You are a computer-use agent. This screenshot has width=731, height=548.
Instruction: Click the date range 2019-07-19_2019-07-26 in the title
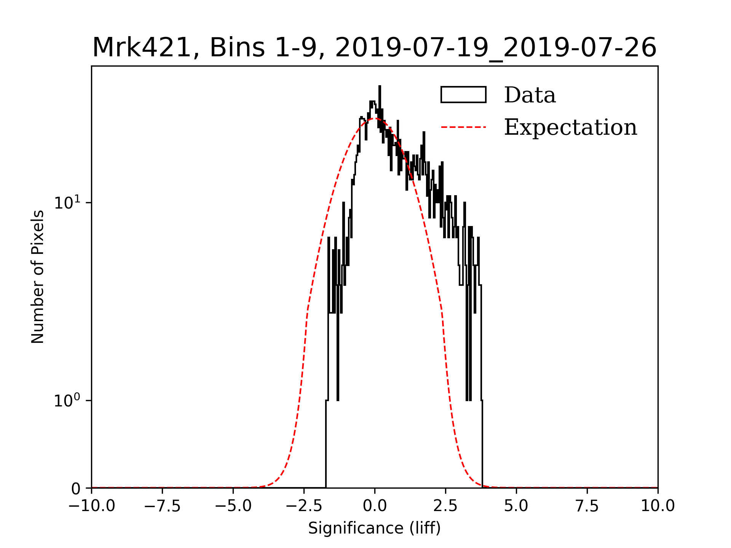496,48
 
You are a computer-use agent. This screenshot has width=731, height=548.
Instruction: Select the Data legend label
530,95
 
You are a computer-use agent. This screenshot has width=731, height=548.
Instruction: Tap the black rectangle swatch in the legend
463,95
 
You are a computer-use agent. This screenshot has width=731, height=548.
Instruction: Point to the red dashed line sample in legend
463,127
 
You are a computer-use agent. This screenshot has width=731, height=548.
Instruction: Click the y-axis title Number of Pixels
38,277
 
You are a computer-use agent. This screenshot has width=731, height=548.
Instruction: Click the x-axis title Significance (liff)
374,528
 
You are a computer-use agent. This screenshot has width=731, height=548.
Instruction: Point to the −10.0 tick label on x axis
91,506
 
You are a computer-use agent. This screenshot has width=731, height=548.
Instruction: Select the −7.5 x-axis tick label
162,506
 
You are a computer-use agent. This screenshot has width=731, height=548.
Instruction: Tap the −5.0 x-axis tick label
233,506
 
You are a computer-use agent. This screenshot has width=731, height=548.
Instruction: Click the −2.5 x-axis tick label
304,506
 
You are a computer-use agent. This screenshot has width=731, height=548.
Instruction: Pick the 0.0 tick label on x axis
375,506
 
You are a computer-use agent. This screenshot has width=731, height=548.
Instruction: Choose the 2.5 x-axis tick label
445,506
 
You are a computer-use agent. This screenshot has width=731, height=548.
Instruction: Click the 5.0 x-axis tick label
516,506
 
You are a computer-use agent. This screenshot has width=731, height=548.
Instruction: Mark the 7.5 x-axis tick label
587,506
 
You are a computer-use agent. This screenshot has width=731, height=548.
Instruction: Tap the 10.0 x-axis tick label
658,506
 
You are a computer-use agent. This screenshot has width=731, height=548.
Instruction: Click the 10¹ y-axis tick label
67,202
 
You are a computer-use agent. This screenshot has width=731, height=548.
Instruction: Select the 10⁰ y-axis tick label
67,401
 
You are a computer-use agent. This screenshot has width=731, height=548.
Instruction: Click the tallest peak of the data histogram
380,87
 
